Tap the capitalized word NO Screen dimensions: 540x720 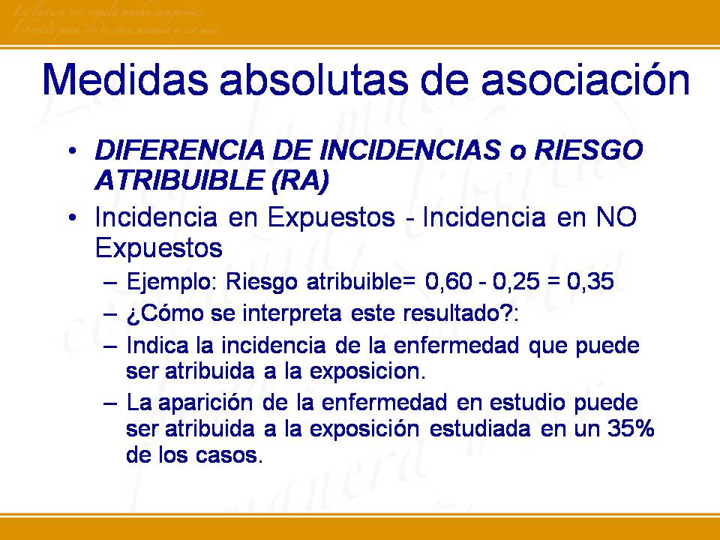pyautogui.click(x=616, y=217)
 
